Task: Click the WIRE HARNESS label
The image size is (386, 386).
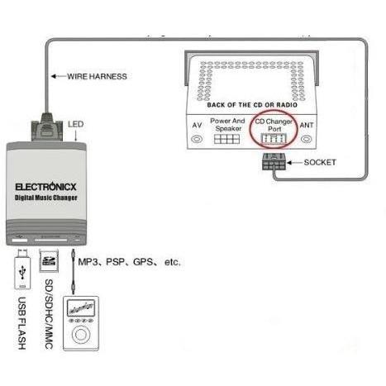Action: point(97,76)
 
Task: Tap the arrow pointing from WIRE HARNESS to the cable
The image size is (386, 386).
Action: point(59,76)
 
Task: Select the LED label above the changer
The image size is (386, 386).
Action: point(76,124)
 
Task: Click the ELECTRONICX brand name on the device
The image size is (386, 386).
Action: point(45,187)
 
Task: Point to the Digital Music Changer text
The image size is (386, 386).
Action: point(46,198)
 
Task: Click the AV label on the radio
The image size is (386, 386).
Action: point(197,126)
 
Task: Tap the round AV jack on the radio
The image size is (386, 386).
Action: point(197,139)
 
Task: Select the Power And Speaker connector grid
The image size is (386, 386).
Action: point(226,139)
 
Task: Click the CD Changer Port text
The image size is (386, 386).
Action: point(274,125)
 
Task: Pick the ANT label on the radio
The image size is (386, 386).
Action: point(307,126)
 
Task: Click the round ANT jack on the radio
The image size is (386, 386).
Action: point(307,139)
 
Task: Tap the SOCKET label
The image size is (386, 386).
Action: point(320,163)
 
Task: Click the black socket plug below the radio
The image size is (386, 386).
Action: point(274,162)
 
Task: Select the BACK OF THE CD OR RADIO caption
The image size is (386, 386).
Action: point(252,105)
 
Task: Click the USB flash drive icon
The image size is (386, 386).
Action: point(22,269)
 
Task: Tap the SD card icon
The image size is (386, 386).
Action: point(49,260)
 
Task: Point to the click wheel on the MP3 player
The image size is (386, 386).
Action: point(81,335)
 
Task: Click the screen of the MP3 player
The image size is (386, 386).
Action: point(81,307)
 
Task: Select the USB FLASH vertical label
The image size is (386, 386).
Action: point(21,323)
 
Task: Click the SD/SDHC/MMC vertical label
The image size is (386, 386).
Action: point(49,314)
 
